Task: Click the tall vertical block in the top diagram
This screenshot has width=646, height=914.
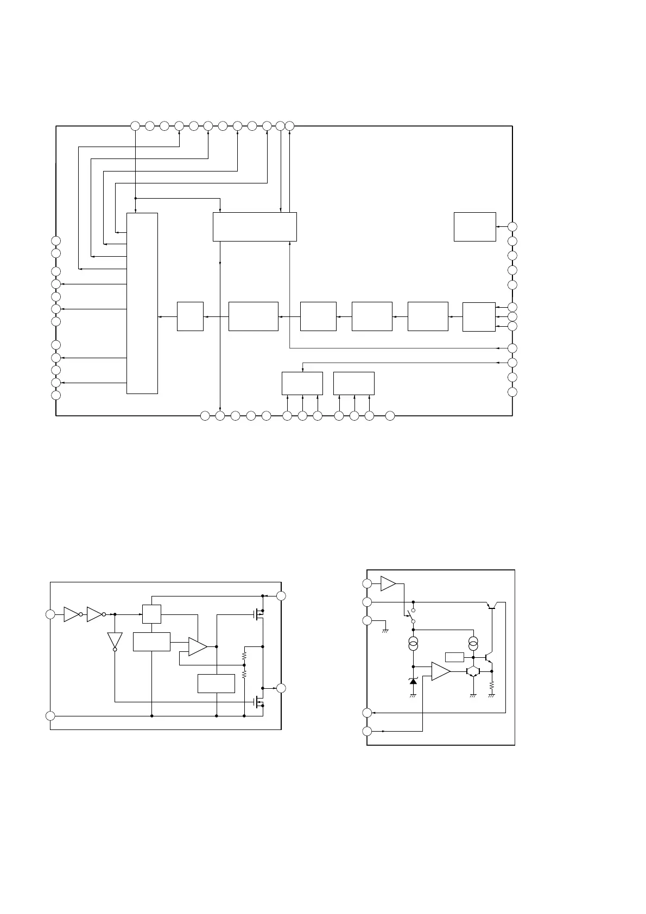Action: coord(142,303)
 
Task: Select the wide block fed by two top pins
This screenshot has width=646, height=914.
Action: coord(255,226)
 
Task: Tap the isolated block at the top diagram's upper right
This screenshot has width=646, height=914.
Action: coord(474,226)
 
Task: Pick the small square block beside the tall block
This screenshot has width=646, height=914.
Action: coord(190,316)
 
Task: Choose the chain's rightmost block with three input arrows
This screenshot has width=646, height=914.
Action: coord(479,316)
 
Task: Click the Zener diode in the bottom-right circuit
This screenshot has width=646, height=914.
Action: coord(413,681)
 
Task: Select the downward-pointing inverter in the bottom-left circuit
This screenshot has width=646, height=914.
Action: coord(115,640)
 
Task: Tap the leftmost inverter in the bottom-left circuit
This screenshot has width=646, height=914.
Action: coord(72,614)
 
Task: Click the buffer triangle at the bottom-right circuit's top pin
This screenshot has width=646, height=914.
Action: coord(388,583)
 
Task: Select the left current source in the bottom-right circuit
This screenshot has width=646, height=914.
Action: coord(413,645)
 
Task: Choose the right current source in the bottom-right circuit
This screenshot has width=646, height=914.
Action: coord(473,645)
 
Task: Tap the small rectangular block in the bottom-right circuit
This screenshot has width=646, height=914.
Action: coord(454,657)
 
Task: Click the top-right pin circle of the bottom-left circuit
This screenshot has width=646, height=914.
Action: coord(281,596)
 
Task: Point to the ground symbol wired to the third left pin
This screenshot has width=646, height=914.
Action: coord(385,630)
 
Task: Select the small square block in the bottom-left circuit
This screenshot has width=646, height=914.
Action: coord(151,614)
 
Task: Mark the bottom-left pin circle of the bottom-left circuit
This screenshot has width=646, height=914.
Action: coord(50,716)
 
